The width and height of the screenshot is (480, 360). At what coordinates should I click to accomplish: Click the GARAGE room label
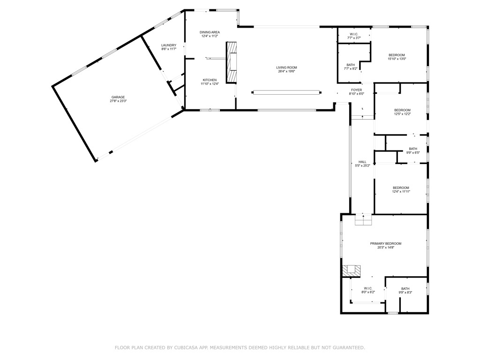coord(118,97)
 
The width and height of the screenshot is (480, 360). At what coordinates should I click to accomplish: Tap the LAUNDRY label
coord(169,45)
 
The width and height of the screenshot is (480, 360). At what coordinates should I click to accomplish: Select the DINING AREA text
coord(210,32)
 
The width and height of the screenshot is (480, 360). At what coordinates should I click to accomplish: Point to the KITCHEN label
coord(210,80)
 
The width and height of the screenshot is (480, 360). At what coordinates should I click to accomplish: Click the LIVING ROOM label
coord(286,67)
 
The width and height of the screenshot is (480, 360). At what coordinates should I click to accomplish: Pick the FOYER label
coord(357,90)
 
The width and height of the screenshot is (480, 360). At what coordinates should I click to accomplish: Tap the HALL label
coord(362,162)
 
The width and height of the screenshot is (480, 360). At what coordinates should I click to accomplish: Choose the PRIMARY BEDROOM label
coord(386,244)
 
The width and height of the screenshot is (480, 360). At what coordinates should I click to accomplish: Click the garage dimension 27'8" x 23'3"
coord(118,101)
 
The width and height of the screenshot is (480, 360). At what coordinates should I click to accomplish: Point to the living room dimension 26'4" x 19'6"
coord(286,71)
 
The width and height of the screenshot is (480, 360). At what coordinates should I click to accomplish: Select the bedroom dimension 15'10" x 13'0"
coord(397,59)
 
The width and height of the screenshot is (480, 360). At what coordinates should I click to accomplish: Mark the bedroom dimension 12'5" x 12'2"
coord(402,114)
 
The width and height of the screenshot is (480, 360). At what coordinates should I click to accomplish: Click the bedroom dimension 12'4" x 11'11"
coord(401,192)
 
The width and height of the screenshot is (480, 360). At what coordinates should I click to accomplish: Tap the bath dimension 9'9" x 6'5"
coord(413,152)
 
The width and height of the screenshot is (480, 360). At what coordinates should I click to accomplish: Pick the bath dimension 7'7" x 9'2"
coord(351,68)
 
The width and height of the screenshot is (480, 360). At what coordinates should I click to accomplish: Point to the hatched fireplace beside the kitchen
coord(232,62)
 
